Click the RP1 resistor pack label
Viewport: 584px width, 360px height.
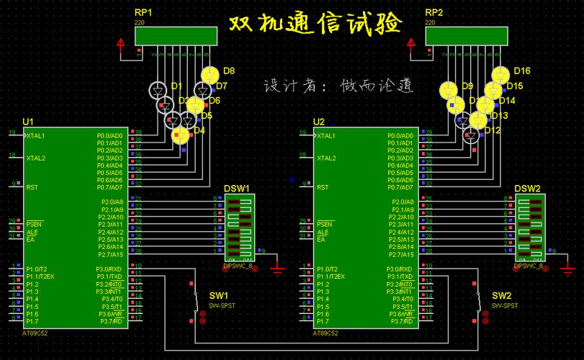point(143,12)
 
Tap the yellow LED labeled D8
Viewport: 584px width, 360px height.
point(210,74)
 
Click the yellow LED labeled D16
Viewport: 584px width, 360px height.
point(500,74)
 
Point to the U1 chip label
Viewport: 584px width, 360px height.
point(28,121)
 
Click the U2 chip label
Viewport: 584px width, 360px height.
point(319,121)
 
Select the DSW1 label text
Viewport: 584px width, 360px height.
point(236,189)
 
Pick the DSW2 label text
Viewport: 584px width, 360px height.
point(527,189)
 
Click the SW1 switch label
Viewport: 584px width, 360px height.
point(218,296)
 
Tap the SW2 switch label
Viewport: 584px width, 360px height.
point(501,296)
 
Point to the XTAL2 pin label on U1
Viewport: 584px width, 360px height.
point(36,158)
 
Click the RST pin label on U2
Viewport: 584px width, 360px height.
point(323,187)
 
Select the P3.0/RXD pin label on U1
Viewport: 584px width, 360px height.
point(109,269)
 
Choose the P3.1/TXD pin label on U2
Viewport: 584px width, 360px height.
point(400,276)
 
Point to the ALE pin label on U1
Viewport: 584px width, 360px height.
point(32,233)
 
